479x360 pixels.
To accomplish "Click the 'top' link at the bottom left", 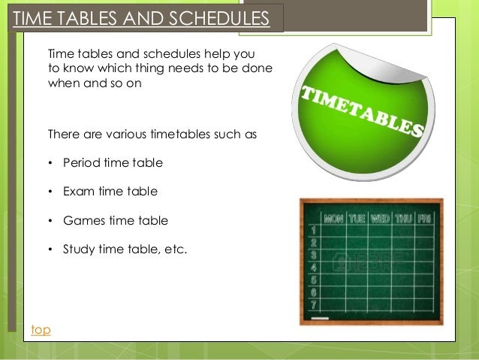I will click(41, 330).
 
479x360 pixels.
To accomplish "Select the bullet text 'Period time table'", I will click(113, 162).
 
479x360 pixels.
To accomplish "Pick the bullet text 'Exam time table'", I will click(110, 192).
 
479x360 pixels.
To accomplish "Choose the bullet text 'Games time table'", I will click(116, 221).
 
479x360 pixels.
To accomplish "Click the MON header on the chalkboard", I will click(334, 219).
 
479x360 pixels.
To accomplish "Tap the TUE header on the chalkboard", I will click(357, 219).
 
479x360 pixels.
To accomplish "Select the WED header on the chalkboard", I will click(380, 219).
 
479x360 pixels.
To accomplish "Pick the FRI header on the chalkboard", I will click(425, 219).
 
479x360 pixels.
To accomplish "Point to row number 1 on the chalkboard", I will click(312, 230).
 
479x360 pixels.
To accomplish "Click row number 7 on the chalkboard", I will click(312, 304).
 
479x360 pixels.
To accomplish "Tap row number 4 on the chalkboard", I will click(312, 267).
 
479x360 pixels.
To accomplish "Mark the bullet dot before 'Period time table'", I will click(50, 163).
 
